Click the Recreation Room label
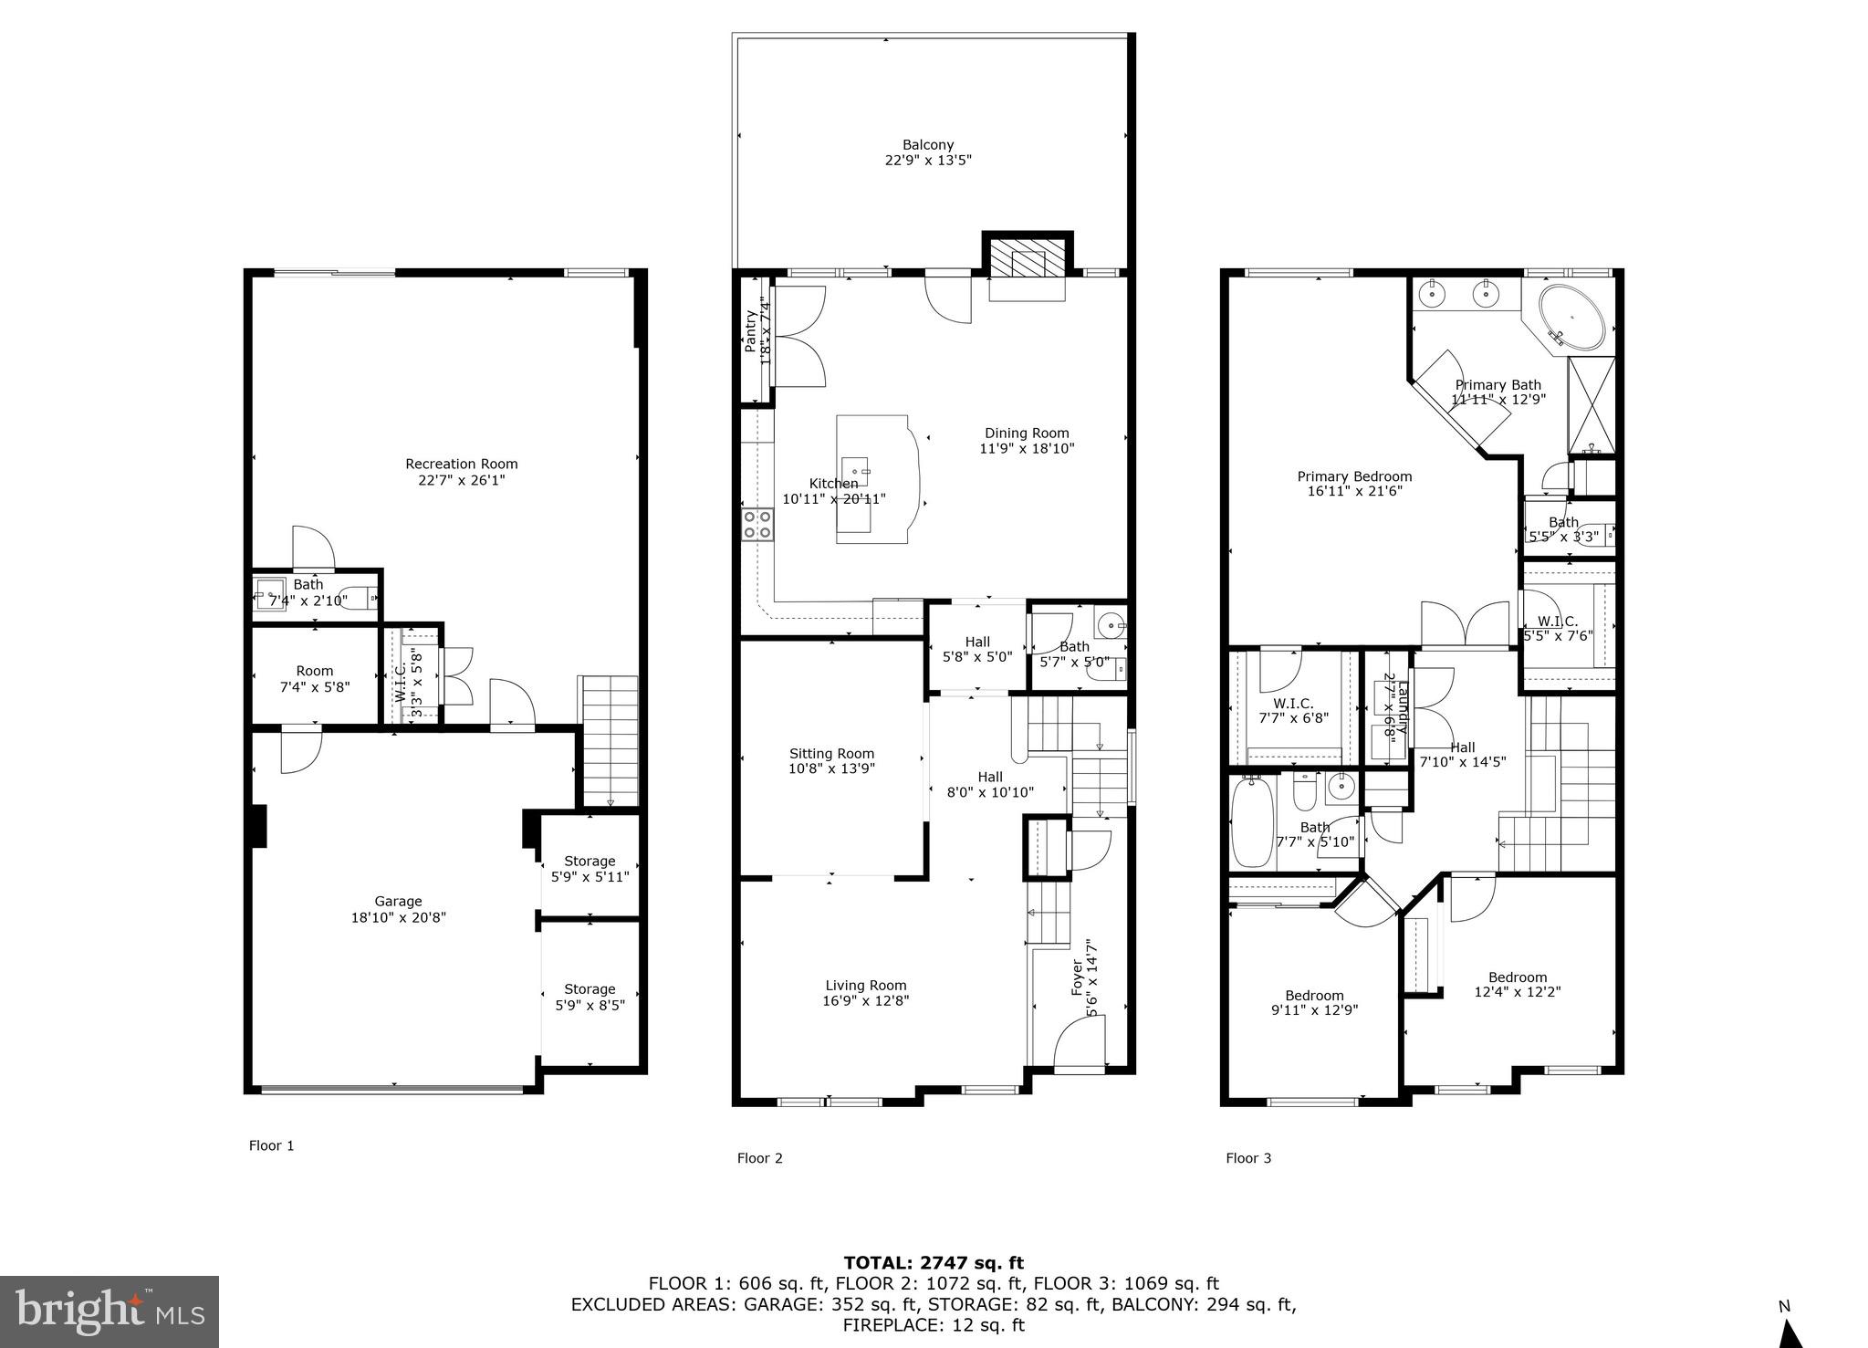pos(461,464)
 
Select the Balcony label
pos(928,144)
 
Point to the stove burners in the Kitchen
pos(757,525)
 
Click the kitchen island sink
pos(855,471)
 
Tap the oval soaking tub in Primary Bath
pos(1571,319)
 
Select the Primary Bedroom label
pos(1354,476)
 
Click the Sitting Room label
pos(831,754)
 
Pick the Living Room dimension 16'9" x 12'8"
pos(865,1000)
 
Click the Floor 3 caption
pos(1247,1158)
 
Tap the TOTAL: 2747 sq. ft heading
pos(934,1263)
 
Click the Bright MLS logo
pos(110,1311)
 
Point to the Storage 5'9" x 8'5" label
pos(590,989)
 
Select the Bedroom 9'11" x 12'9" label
pos(1314,996)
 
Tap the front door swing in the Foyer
pos(1079,1044)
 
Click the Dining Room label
pos(1027,434)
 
